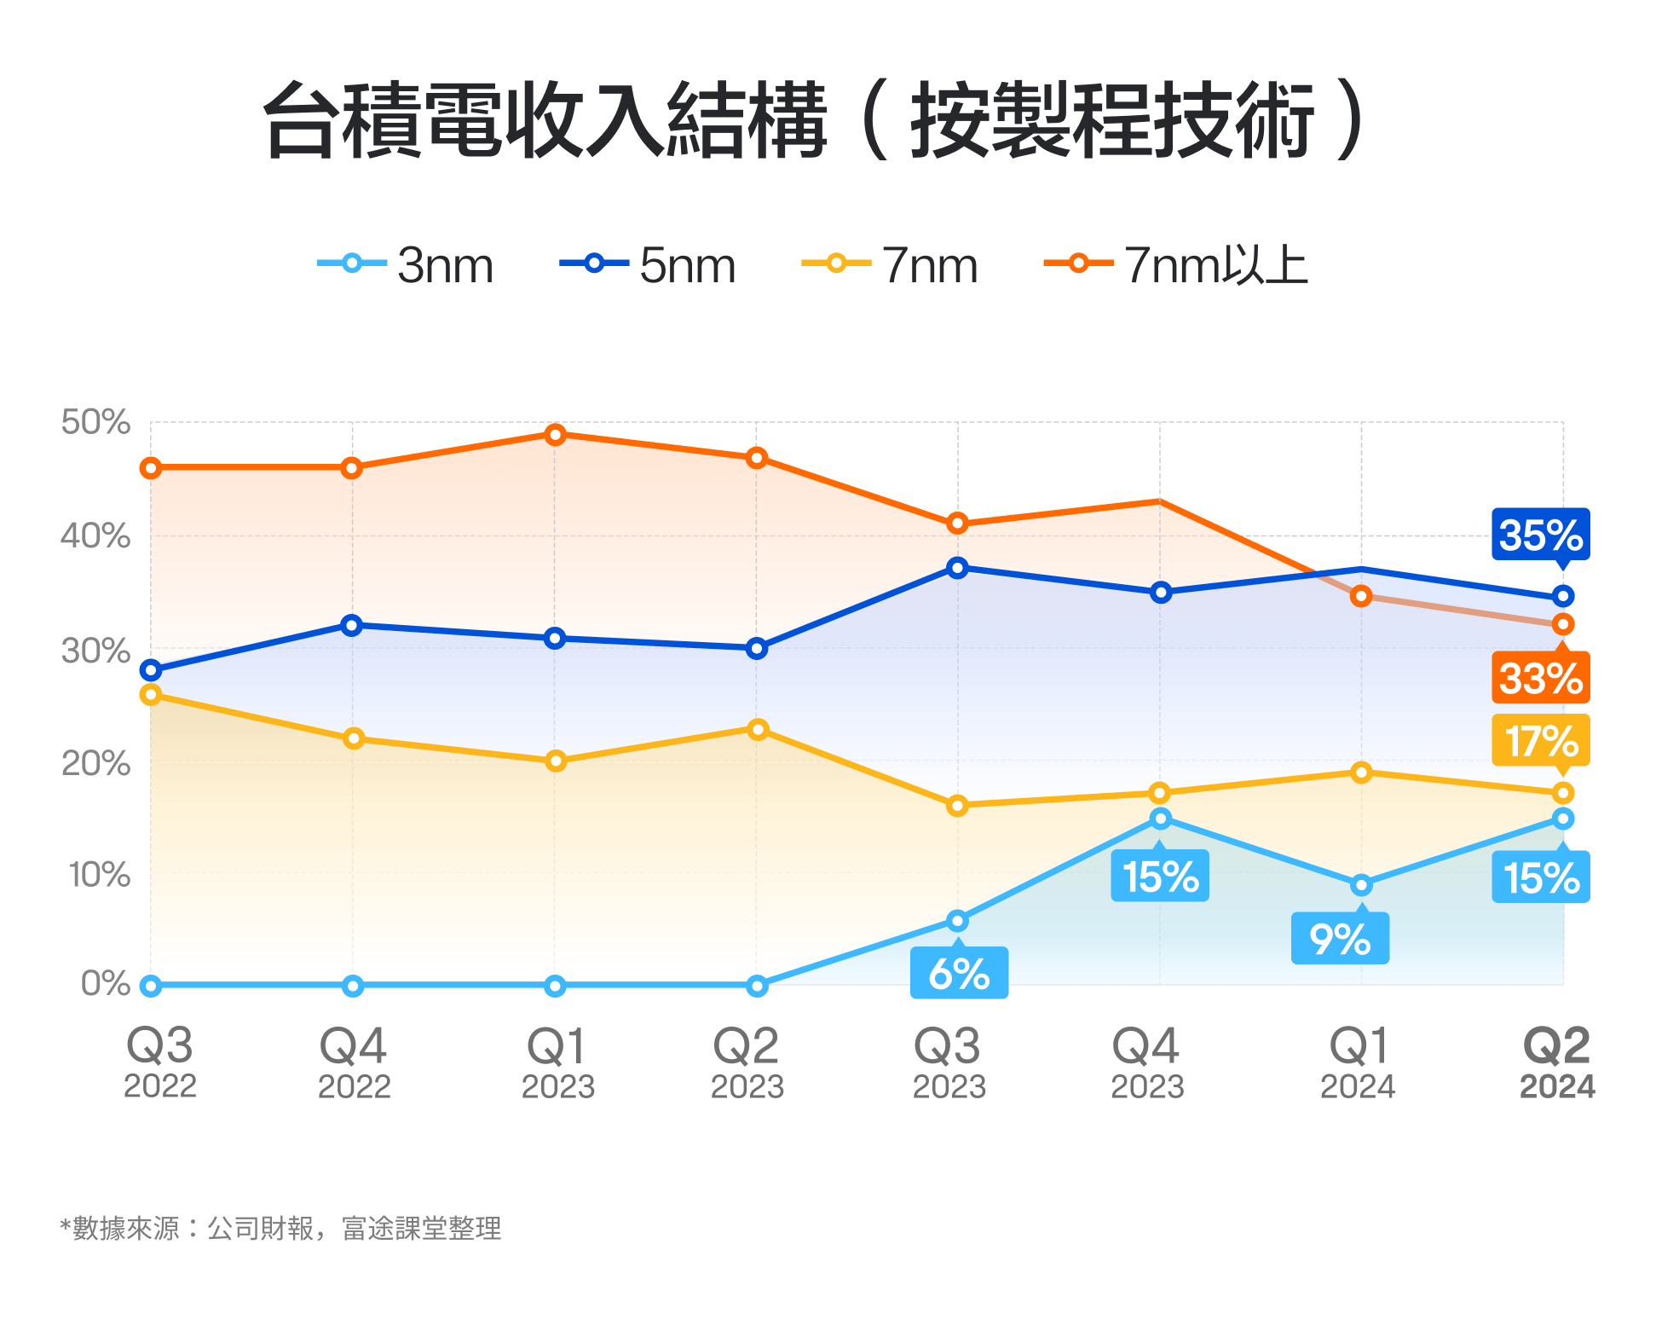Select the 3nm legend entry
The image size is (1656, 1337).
tap(407, 264)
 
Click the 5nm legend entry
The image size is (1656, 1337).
tap(648, 264)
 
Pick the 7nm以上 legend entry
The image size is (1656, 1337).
tap(1176, 264)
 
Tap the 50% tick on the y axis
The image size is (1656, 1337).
tap(95, 422)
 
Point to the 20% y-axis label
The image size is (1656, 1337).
tap(95, 763)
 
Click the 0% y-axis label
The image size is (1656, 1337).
tap(106, 983)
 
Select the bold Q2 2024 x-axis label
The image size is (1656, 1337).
tap(1556, 1062)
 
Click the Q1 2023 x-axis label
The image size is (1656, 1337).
tap(557, 1062)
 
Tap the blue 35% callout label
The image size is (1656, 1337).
tap(1540, 535)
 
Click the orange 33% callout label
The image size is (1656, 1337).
tap(1540, 678)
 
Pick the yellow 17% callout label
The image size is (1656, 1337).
tap(1540, 740)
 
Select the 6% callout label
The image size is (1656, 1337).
tap(959, 973)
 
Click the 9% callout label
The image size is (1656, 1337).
tap(1340, 939)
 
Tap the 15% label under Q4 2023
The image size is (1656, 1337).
tap(1160, 876)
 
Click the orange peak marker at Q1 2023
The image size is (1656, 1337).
tap(555, 435)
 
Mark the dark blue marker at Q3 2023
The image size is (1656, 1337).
tap(957, 568)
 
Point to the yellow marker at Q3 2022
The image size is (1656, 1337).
tap(151, 695)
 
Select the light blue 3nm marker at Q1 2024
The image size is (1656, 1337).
tap(1361, 885)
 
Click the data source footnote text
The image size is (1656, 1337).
tap(281, 1228)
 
